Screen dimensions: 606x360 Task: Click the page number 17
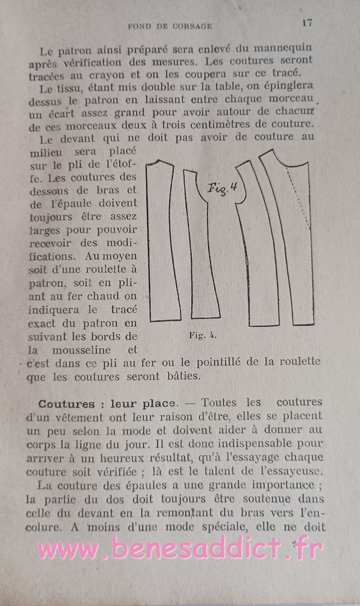(307, 23)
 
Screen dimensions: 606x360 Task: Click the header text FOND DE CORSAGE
(170, 26)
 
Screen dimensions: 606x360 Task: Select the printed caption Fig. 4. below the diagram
(202, 335)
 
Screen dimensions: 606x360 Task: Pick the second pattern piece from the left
(202, 249)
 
